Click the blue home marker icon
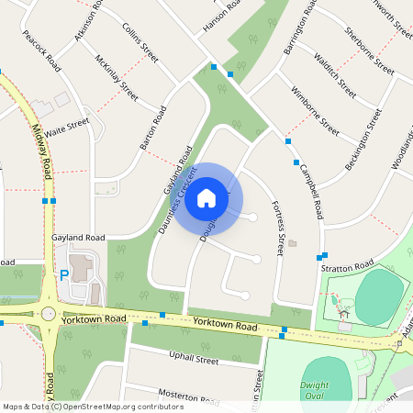click(206, 198)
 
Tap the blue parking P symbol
click(64, 273)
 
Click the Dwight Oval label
click(314, 390)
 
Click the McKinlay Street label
click(116, 77)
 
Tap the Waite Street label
click(67, 127)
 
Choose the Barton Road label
click(151, 128)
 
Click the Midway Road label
click(41, 151)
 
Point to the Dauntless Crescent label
click(178, 201)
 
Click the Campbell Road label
click(310, 191)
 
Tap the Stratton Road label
click(343, 267)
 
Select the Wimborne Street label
click(316, 113)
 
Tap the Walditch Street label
click(334, 76)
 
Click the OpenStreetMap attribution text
click(92, 407)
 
